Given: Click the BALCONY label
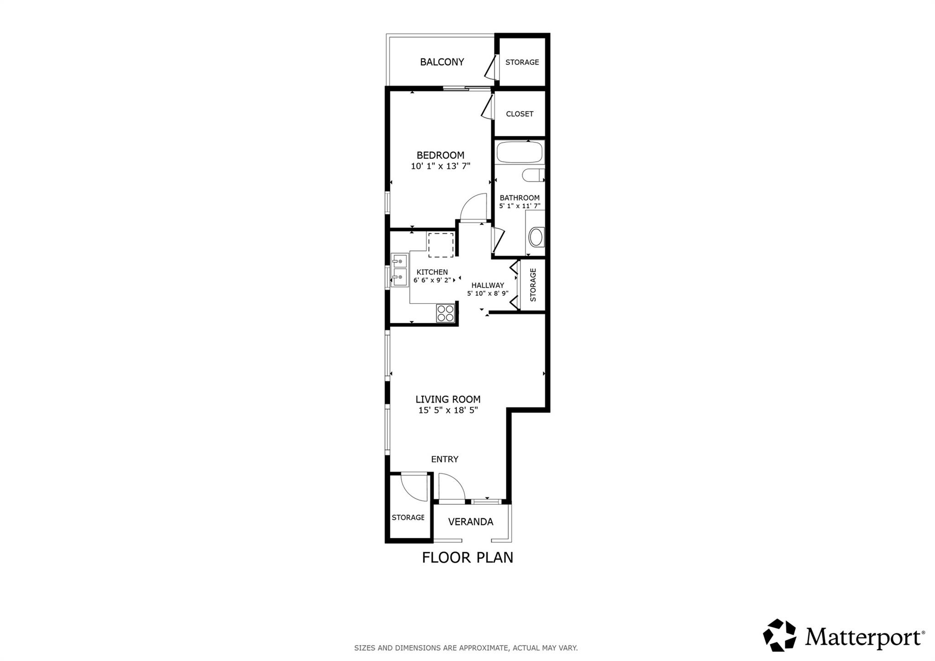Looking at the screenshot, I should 442,62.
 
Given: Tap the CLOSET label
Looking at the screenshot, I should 520,114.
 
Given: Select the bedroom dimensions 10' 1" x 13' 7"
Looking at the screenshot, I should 440,166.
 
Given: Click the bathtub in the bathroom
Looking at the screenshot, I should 520,152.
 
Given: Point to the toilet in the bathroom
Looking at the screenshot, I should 532,175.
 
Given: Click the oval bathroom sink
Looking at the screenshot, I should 536,237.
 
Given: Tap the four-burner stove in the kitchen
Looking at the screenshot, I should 445,313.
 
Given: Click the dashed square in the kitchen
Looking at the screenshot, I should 441,245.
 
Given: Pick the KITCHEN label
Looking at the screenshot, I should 432,272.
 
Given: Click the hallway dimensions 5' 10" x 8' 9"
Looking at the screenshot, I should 488,294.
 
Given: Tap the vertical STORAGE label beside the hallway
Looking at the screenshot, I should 533,285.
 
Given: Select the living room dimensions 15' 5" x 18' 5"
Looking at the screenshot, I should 448,410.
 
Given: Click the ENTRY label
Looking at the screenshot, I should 445,459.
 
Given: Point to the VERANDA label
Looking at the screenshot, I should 471,522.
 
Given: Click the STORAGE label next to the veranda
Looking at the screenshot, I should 408,518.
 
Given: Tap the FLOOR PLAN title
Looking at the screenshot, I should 467,558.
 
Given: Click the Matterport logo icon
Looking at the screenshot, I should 779,635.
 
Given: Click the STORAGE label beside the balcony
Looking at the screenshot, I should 522,62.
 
